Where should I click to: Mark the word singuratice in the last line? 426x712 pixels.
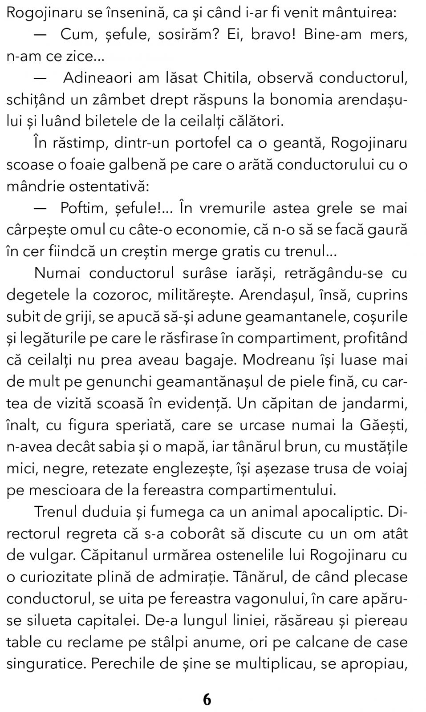coord(46,664)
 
